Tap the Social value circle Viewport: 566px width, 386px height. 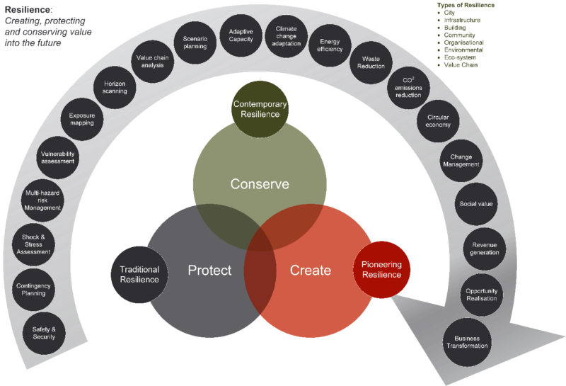pos(475,204)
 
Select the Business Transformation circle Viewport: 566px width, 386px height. pos(467,342)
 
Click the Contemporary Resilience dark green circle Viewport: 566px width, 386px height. pos(260,108)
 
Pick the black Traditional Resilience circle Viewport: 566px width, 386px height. pos(139,273)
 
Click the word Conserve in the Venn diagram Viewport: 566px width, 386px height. pos(260,184)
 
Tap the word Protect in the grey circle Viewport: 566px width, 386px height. pos(209,270)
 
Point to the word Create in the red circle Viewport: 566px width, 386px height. pos(311,270)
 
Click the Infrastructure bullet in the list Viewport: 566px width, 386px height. pos(463,20)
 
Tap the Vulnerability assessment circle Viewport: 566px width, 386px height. pos(57,157)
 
